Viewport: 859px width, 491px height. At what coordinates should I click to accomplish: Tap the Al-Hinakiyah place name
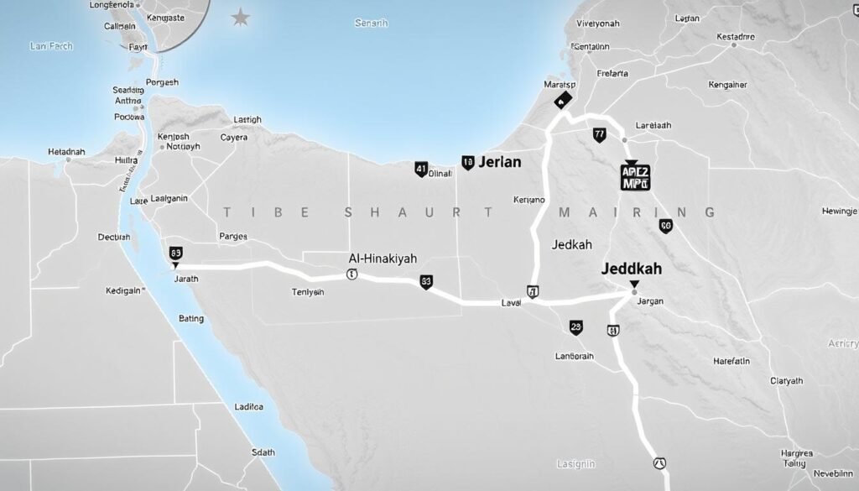383,259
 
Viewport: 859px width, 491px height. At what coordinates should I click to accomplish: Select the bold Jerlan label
499,163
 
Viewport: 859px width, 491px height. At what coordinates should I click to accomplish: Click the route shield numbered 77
599,133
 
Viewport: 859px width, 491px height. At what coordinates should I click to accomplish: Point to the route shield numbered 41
421,169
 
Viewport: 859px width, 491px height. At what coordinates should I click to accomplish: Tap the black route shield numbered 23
575,327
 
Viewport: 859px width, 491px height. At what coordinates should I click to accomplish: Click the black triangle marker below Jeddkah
634,285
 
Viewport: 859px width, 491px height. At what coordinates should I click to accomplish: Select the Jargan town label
650,300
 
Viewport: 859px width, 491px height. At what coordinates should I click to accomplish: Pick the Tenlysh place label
307,292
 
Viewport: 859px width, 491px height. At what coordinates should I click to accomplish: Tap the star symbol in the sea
241,17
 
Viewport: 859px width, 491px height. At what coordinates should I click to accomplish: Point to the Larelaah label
654,125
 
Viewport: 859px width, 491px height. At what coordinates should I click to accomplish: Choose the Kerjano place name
529,200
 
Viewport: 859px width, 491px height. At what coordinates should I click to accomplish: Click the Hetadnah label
66,152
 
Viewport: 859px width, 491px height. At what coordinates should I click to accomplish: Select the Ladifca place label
249,406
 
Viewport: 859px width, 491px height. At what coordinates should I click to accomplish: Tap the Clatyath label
786,380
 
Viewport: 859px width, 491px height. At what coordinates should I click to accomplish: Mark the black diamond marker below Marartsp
562,100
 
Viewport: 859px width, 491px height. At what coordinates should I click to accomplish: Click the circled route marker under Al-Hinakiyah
351,274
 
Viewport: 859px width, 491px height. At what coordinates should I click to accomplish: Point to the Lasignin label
576,463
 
